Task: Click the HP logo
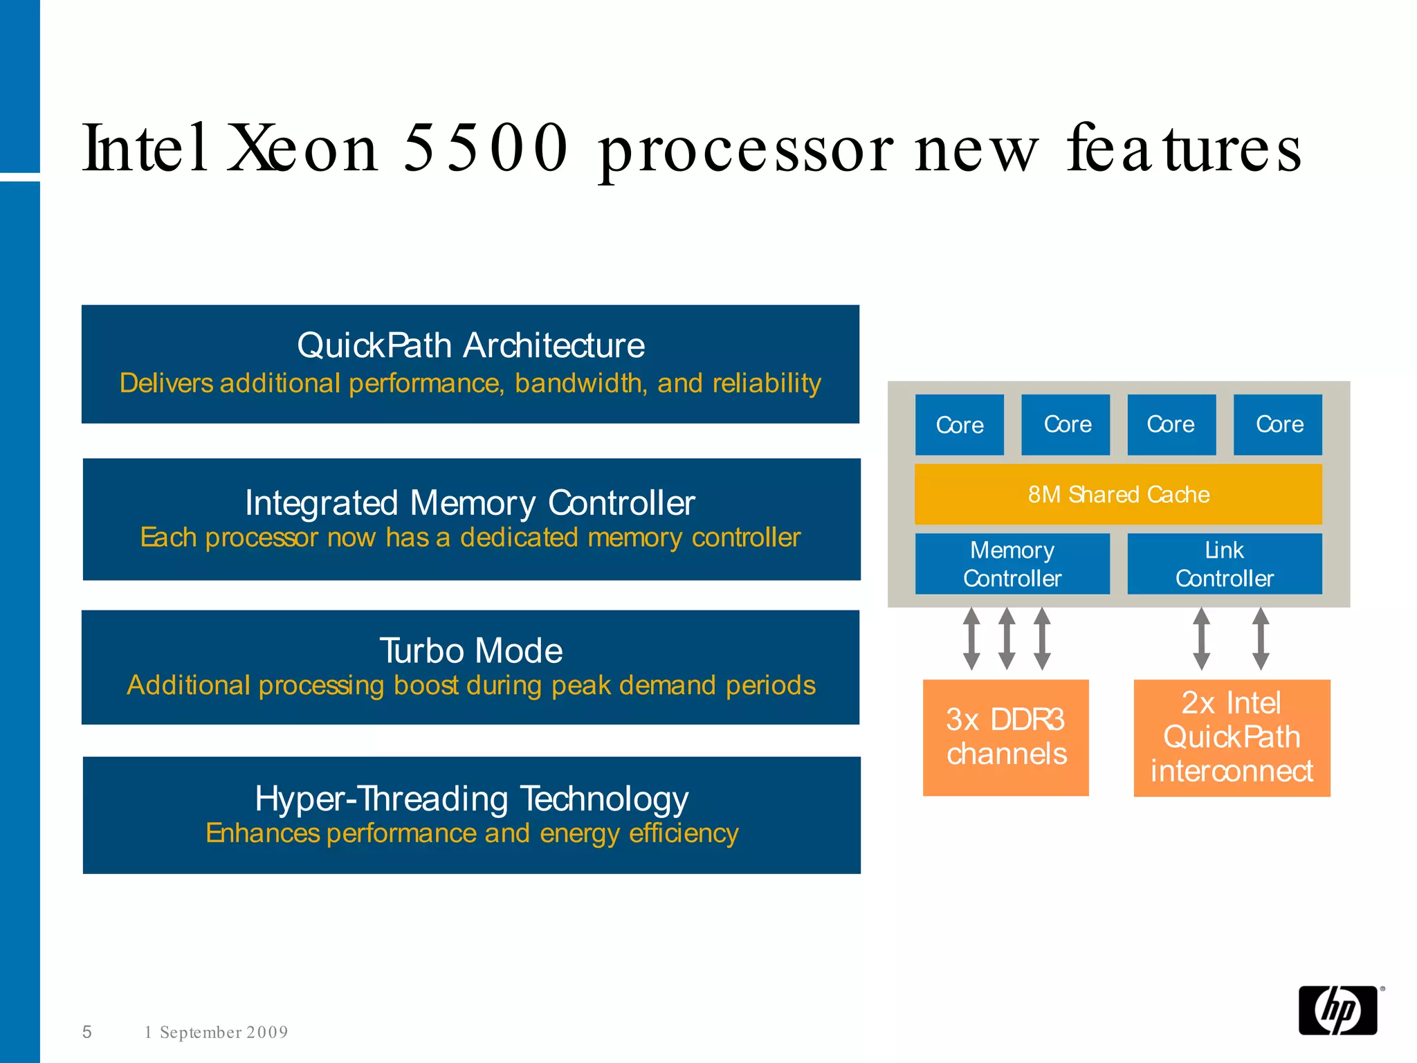[1338, 1010]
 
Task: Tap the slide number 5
[87, 1032]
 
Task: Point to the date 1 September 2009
[216, 1033]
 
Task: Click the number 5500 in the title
[485, 148]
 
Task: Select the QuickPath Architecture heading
[470, 345]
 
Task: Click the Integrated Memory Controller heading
[470, 503]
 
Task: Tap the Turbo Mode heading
[470, 651]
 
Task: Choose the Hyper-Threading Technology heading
[471, 799]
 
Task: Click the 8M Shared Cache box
[1118, 494]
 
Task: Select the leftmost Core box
[959, 425]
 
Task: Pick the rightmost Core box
[1278, 425]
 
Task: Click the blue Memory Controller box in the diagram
[1012, 564]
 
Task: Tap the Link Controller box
[1224, 564]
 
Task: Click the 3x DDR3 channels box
[1006, 738]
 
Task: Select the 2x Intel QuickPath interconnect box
[1232, 738]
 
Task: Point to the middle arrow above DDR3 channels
[1007, 639]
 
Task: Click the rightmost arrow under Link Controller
[1261, 639]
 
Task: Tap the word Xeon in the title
[303, 148]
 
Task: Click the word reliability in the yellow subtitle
[767, 383]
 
